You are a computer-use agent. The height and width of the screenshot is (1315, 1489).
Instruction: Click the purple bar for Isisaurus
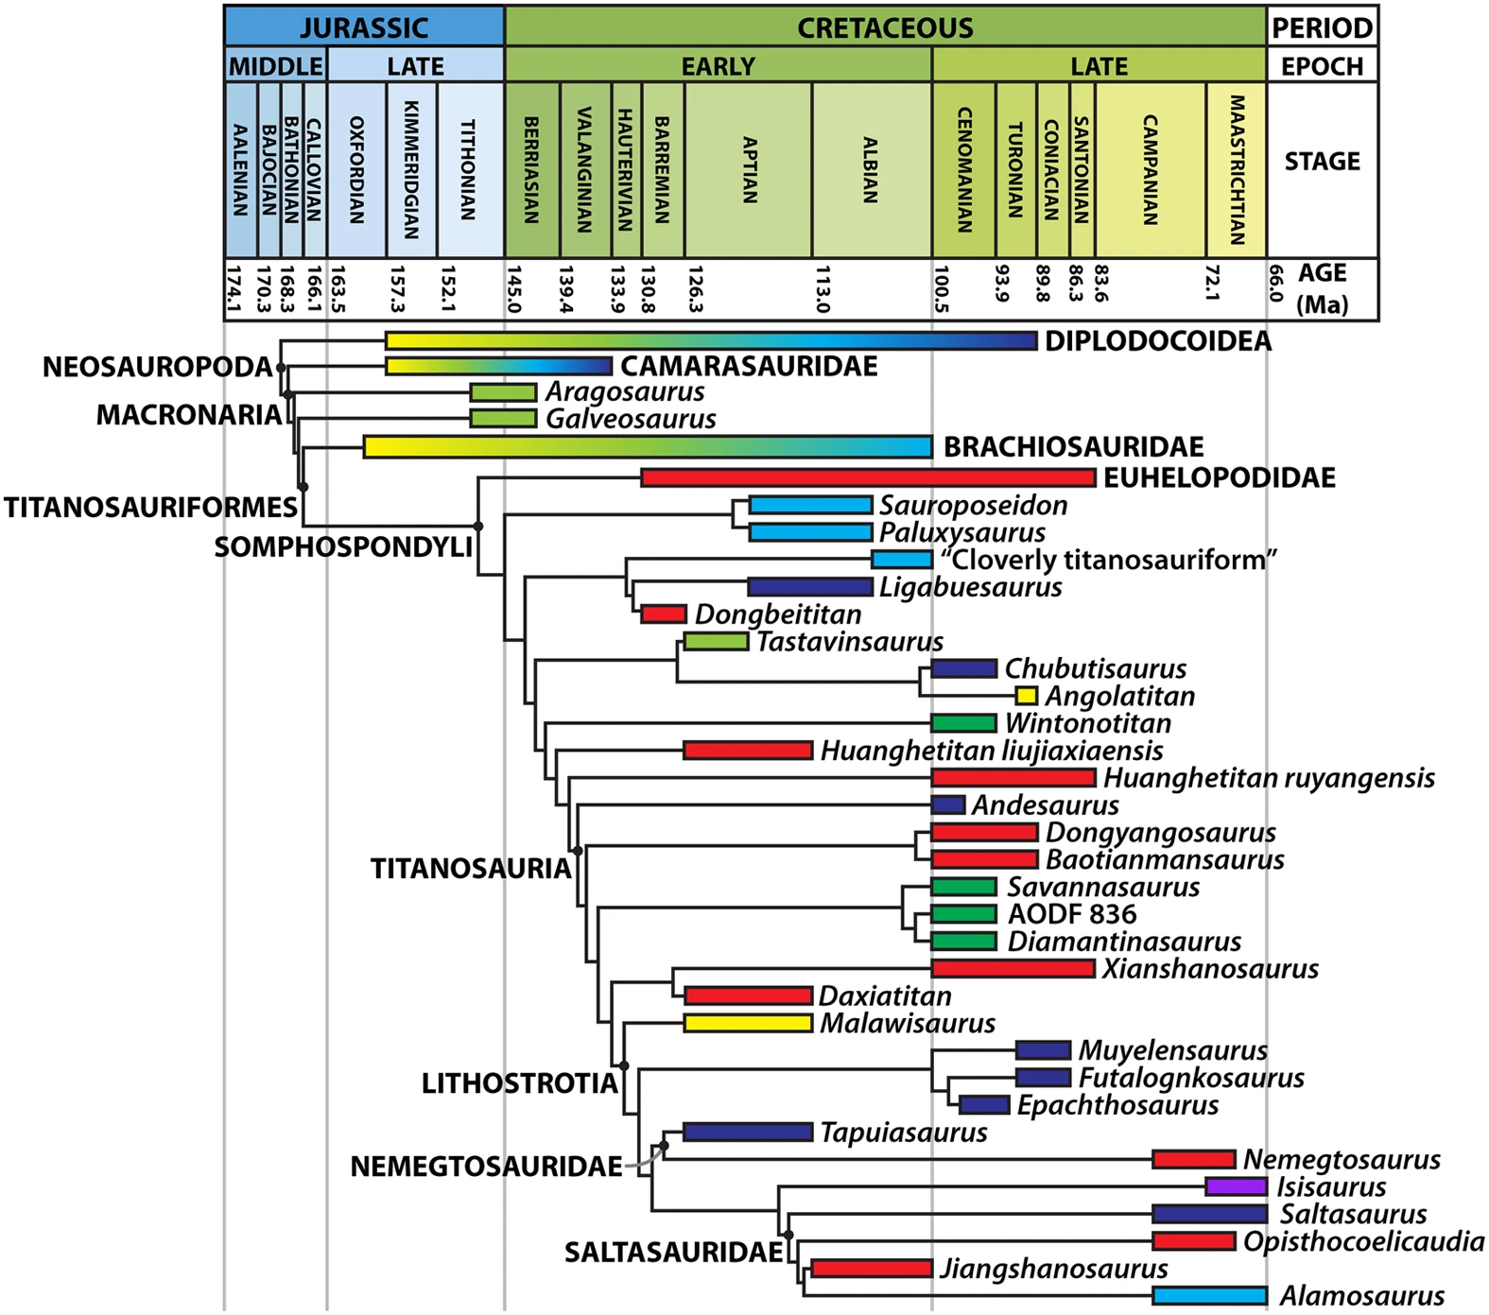[x=1236, y=1186]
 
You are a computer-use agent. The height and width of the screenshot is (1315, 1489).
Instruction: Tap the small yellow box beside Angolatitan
[x=1026, y=697]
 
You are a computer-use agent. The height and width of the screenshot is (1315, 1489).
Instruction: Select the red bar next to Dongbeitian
[x=664, y=614]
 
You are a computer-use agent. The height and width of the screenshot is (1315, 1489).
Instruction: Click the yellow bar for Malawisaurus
[x=748, y=1023]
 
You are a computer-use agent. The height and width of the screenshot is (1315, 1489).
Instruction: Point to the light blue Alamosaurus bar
[x=1209, y=1295]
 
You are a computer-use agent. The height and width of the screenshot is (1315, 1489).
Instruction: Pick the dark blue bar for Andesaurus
[x=948, y=805]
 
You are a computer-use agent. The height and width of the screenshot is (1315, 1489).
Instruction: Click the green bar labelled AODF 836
[x=963, y=914]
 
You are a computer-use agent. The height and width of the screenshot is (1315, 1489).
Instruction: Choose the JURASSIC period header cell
[x=364, y=27]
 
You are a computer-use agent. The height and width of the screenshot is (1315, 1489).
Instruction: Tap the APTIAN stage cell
[x=749, y=170]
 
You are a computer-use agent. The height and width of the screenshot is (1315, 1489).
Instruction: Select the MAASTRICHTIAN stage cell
[x=1237, y=170]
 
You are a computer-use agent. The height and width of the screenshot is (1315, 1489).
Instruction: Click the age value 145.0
[x=514, y=289]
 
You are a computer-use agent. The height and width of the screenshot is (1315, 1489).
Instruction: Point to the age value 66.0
[x=1275, y=284]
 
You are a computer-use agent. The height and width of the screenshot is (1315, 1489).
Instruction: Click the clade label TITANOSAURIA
[x=470, y=869]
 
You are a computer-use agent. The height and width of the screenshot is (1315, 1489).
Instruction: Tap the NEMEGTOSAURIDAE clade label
[x=486, y=1167]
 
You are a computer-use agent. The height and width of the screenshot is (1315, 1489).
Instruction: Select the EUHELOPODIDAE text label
[x=1220, y=477]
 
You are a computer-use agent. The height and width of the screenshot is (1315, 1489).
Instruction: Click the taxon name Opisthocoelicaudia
[x=1363, y=1241]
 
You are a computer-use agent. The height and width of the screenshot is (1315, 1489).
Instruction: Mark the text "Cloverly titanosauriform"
[x=1108, y=560]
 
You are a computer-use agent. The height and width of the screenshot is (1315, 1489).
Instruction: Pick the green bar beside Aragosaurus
[x=503, y=392]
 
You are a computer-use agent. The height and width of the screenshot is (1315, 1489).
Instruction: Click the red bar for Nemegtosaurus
[x=1193, y=1159]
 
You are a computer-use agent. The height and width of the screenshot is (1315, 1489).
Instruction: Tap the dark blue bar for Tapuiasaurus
[x=747, y=1132]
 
